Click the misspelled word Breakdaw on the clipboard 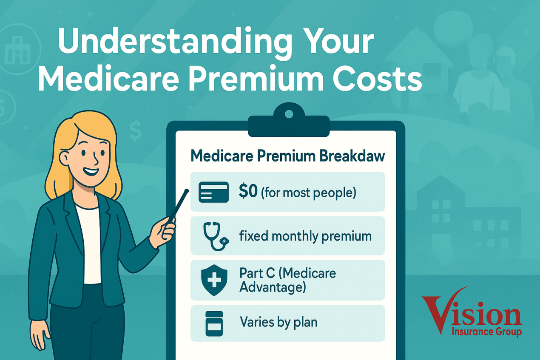coord(352,156)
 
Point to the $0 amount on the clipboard coord(248,191)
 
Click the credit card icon coord(213,192)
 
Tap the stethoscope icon coord(215,236)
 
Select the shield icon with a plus coord(214,280)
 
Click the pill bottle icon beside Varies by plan coord(214,323)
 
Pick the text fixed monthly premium coord(305,236)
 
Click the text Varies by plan coord(279,322)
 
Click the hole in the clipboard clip coord(289,114)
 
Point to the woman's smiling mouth coord(91,171)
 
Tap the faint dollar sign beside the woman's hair coord(135,130)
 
